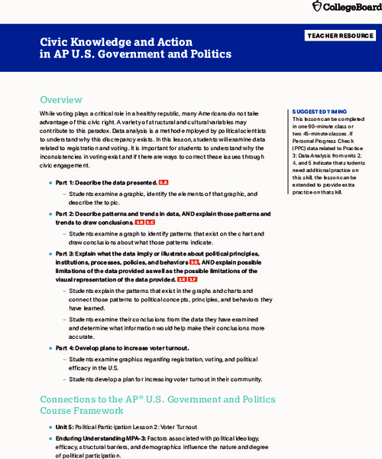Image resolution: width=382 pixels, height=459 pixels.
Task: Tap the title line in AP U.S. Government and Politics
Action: click(x=135, y=55)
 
